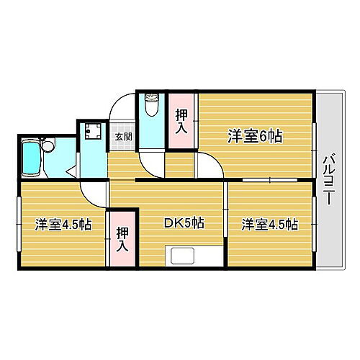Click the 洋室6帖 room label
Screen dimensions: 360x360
tap(255, 135)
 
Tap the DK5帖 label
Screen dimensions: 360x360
tap(185, 223)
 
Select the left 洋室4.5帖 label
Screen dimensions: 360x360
tap(63, 224)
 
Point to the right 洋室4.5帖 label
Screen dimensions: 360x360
tap(269, 223)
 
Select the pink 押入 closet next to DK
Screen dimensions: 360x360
tap(122, 239)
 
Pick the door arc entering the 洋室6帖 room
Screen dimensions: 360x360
tap(209, 164)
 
